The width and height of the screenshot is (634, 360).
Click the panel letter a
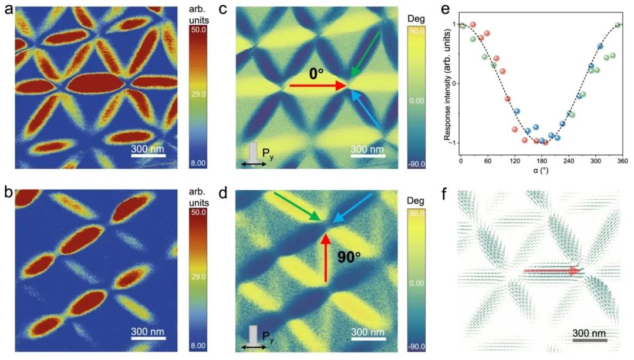6,9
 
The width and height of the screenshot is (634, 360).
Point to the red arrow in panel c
318,86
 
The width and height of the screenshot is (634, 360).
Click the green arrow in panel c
364,56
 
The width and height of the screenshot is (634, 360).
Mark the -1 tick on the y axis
454,143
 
